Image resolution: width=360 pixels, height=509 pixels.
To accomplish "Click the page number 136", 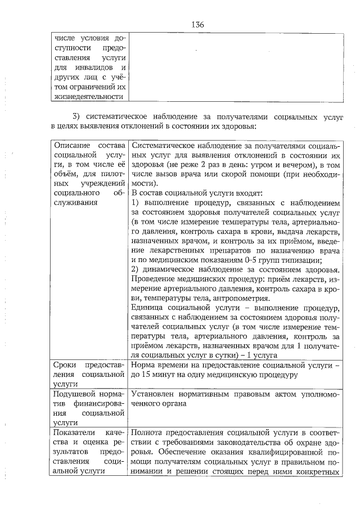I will pyautogui.click(x=197, y=25).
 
